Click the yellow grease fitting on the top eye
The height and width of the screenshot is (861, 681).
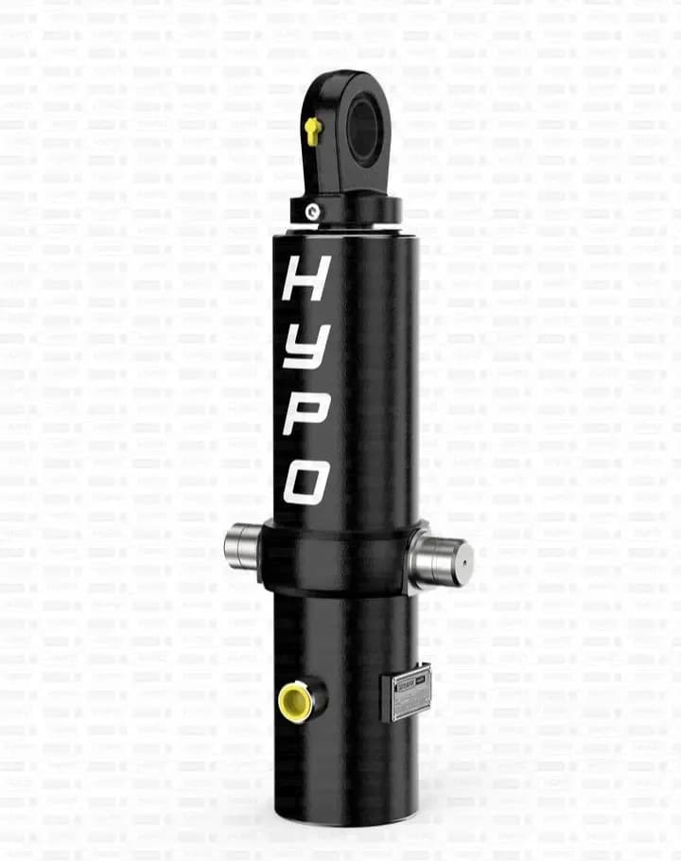point(313,130)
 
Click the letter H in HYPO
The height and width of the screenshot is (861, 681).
point(306,277)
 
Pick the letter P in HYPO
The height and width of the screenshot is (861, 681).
point(306,410)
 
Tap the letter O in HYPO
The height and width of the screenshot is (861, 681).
point(307,482)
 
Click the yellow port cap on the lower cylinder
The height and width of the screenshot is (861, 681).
point(295,702)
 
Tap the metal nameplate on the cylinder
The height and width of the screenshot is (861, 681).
point(407,693)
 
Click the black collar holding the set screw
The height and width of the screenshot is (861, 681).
point(345,208)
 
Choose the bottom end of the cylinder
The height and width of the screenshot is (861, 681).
point(346,814)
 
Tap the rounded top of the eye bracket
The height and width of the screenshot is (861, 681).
point(346,81)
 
